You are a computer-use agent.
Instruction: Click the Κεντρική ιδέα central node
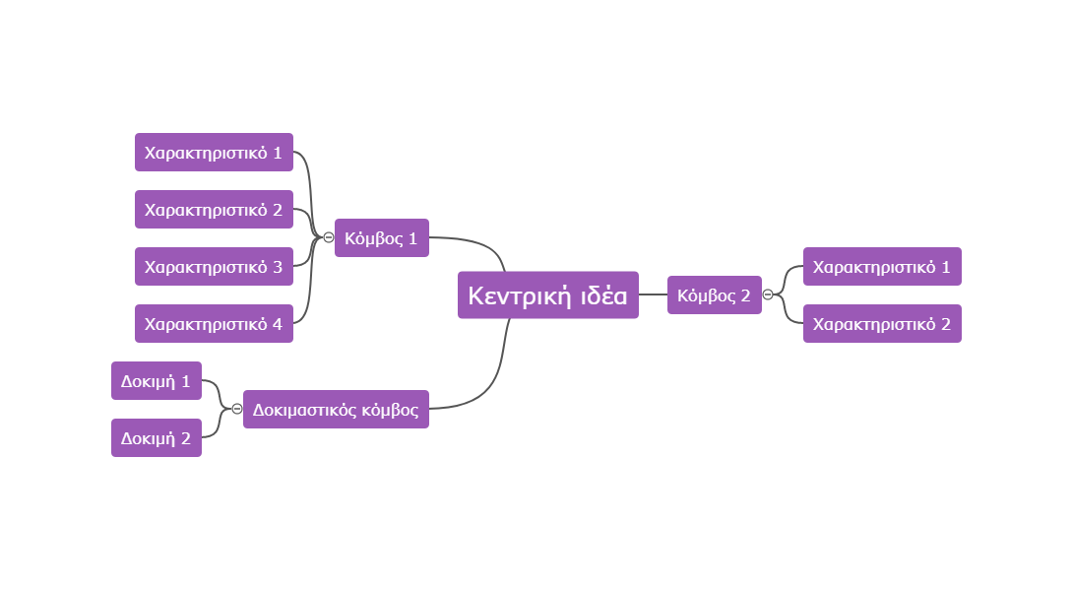[547, 295]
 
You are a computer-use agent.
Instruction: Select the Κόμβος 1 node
[381, 238]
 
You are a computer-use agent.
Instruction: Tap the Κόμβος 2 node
[714, 295]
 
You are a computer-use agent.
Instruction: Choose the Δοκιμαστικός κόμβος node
[336, 410]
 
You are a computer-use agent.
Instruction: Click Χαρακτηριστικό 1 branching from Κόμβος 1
[214, 153]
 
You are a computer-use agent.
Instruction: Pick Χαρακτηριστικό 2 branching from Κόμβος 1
[214, 210]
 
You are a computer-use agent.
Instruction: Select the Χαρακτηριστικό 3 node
[214, 267]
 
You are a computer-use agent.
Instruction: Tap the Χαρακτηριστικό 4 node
[214, 324]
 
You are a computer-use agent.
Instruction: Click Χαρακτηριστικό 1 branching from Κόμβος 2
[882, 267]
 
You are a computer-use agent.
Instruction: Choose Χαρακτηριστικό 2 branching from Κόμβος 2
[882, 324]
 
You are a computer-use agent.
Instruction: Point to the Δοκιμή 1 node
[156, 381]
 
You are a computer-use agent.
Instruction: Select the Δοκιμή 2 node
[156, 438]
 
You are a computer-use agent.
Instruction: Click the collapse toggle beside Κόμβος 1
[328, 237]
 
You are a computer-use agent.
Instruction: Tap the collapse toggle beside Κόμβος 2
[768, 294]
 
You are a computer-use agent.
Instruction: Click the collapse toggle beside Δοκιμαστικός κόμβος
[236, 409]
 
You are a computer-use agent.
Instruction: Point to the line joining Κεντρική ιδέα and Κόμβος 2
[653, 294]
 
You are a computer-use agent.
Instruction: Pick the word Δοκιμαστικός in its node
[299, 410]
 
